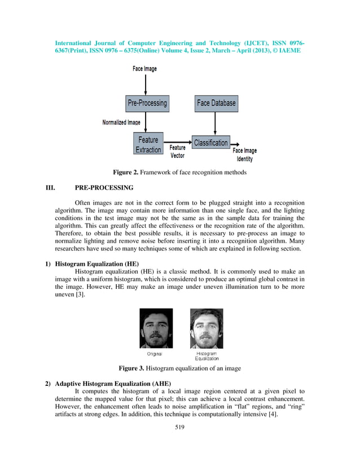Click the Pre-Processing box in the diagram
pos(147,103)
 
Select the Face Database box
pos(216,103)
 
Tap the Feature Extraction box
pos(148,144)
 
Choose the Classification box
pos(210,143)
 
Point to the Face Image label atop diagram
pos(144,69)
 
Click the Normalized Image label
pos(121,122)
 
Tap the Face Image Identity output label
pos(244,155)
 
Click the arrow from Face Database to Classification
pos(216,123)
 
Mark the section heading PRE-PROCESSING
pos(104,188)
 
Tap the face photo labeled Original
pos(156,328)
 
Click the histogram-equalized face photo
pos(206,328)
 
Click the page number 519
pos(179,427)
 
